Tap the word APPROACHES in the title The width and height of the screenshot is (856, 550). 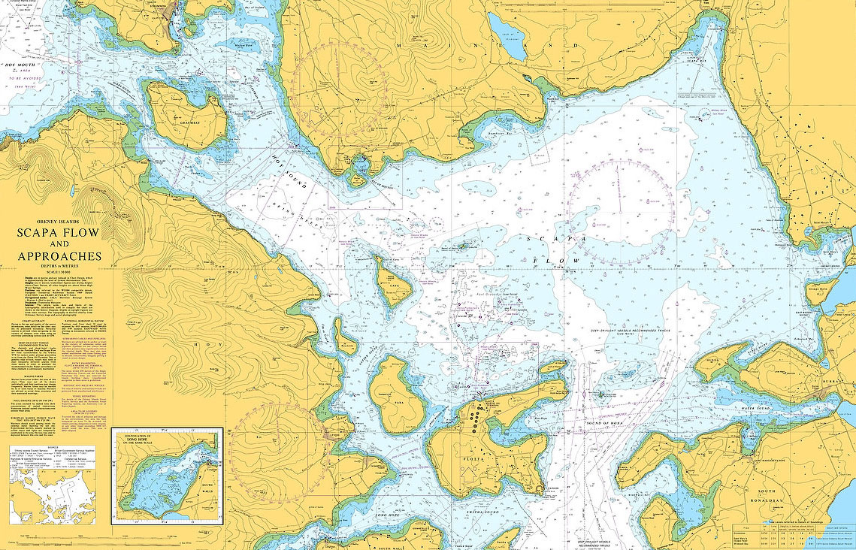coord(59,256)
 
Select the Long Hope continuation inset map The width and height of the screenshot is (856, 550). coord(167,476)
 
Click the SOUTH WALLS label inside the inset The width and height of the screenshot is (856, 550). coord(207,490)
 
